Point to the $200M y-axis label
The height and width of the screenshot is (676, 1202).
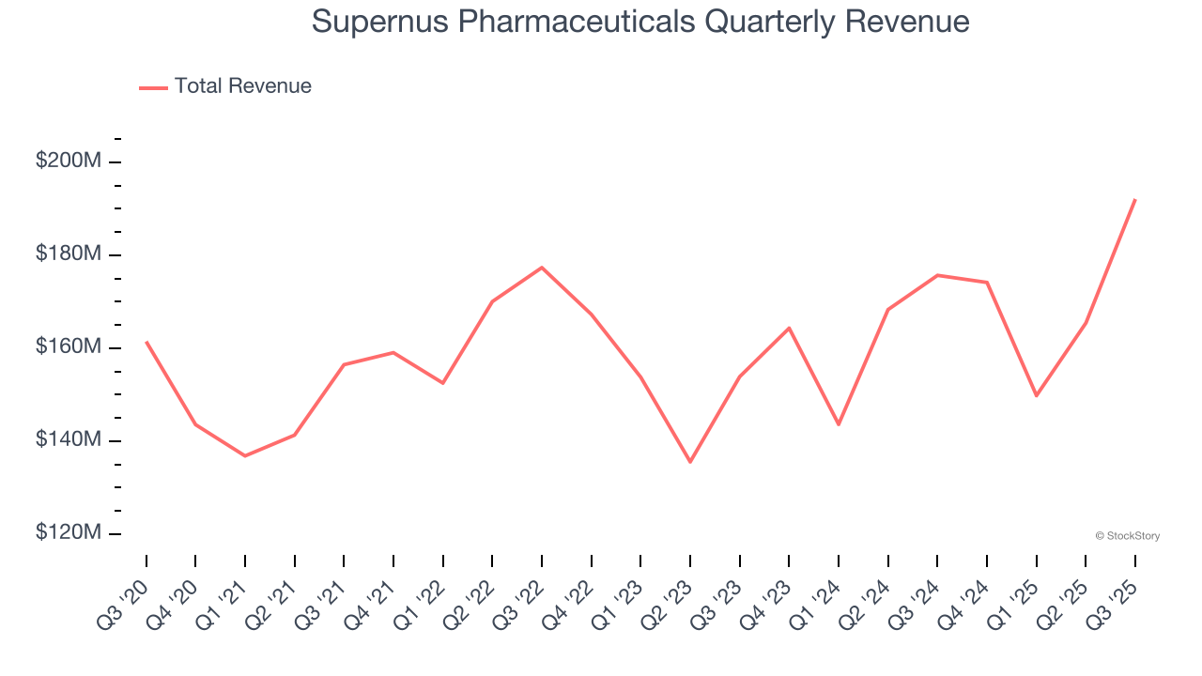[x=68, y=161]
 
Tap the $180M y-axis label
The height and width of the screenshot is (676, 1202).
[x=68, y=254]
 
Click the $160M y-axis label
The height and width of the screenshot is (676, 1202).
[x=68, y=347]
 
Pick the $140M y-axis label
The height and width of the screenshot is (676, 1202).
[x=68, y=440]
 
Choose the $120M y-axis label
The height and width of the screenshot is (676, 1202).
[x=68, y=533]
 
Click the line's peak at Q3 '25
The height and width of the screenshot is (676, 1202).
[x=1135, y=199]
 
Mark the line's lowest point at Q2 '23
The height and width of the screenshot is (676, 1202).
[x=690, y=462]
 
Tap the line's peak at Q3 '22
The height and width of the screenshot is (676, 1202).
[x=542, y=268]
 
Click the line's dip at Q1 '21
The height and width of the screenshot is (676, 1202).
[x=245, y=456]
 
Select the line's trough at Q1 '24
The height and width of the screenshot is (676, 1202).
[x=839, y=424]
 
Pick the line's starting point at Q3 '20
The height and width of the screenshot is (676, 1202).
[x=146, y=342]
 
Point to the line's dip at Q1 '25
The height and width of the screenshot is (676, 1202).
[x=1036, y=396]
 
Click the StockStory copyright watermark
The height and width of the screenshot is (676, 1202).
[x=1128, y=536]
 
